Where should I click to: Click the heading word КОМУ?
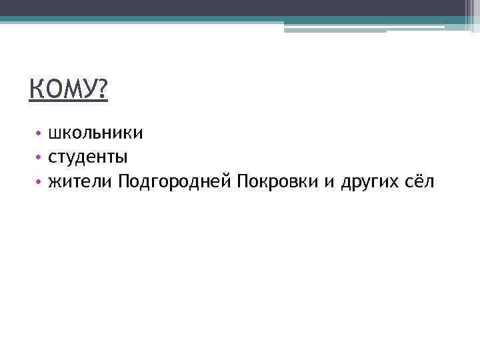(x=68, y=89)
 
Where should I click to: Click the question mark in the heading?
(x=101, y=89)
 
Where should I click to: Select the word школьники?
(x=95, y=133)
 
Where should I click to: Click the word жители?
(x=81, y=181)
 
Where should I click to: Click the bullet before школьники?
(x=40, y=134)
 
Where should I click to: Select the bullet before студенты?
(x=40, y=158)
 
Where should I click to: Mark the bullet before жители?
(x=40, y=181)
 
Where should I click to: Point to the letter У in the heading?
(x=87, y=89)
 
